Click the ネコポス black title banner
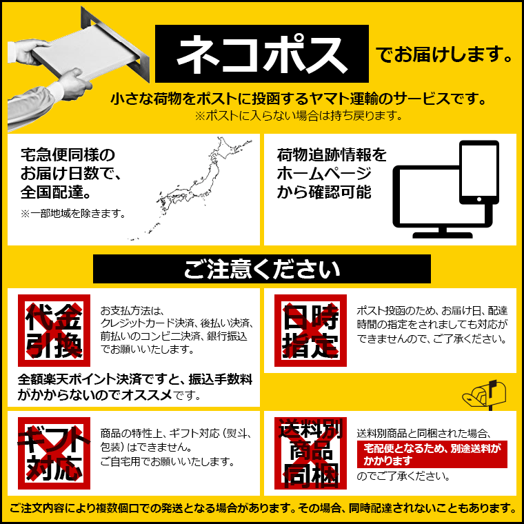[262, 54]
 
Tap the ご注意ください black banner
[262, 269]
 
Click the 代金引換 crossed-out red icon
[54, 330]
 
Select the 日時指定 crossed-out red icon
[310, 330]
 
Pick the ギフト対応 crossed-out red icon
[54, 453]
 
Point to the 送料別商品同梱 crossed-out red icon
[310, 453]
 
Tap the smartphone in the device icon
[479, 172]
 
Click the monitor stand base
[443, 235]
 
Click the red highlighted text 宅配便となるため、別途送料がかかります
[432, 454]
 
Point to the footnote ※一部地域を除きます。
[73, 213]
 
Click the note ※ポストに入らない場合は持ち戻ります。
[298, 116]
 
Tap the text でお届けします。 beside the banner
[445, 54]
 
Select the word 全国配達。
[56, 192]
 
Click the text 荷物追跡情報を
[332, 154]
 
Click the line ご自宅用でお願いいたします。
[168, 461]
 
